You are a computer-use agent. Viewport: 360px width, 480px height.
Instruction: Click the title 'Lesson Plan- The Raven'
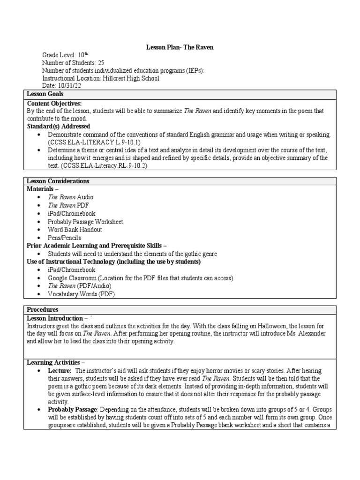[x=180, y=47]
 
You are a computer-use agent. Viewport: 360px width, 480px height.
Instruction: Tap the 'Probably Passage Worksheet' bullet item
[x=85, y=222]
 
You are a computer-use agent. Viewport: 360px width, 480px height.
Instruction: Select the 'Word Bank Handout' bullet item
[x=75, y=230]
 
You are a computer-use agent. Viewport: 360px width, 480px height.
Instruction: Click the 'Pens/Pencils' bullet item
[x=65, y=238]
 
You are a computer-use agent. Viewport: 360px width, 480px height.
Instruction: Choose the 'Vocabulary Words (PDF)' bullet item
[x=81, y=294]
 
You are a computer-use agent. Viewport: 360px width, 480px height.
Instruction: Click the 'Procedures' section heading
[x=43, y=309]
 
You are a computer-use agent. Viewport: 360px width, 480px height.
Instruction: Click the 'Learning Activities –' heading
[x=56, y=362]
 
